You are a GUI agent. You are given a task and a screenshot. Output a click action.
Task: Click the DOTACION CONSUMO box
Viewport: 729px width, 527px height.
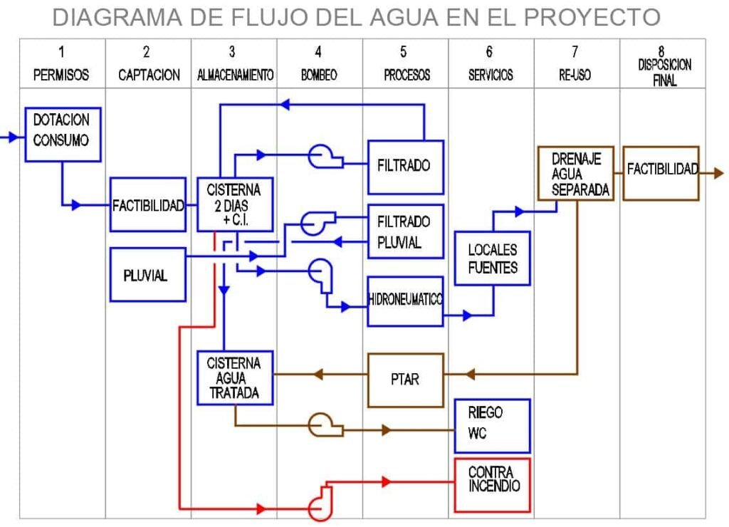point(63,135)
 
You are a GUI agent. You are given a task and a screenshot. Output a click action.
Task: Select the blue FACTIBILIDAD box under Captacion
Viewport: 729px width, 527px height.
point(148,205)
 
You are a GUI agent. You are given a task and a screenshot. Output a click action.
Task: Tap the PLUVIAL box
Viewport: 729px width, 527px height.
point(148,274)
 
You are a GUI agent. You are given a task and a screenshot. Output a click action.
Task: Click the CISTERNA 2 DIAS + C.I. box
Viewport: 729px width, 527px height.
point(235,204)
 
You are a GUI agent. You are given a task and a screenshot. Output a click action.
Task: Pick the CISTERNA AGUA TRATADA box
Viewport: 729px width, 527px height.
point(235,377)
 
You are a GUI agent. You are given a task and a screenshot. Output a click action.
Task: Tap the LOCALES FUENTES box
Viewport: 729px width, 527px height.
point(493,259)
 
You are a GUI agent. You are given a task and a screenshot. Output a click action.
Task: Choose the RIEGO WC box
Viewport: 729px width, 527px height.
point(493,425)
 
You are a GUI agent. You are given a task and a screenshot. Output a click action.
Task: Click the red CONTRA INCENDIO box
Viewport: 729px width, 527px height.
point(493,484)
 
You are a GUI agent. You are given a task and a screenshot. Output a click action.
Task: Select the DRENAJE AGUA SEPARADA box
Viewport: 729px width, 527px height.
point(576,173)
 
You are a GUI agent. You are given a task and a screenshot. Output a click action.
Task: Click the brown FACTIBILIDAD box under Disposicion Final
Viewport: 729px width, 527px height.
point(661,173)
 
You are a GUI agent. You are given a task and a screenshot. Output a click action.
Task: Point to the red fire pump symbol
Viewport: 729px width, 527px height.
point(319,501)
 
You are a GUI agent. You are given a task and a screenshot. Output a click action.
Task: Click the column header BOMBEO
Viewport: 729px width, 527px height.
point(319,75)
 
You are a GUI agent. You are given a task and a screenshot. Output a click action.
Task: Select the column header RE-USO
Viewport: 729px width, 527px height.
point(575,75)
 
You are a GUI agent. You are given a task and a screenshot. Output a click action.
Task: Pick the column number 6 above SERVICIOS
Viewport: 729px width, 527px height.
point(490,52)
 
